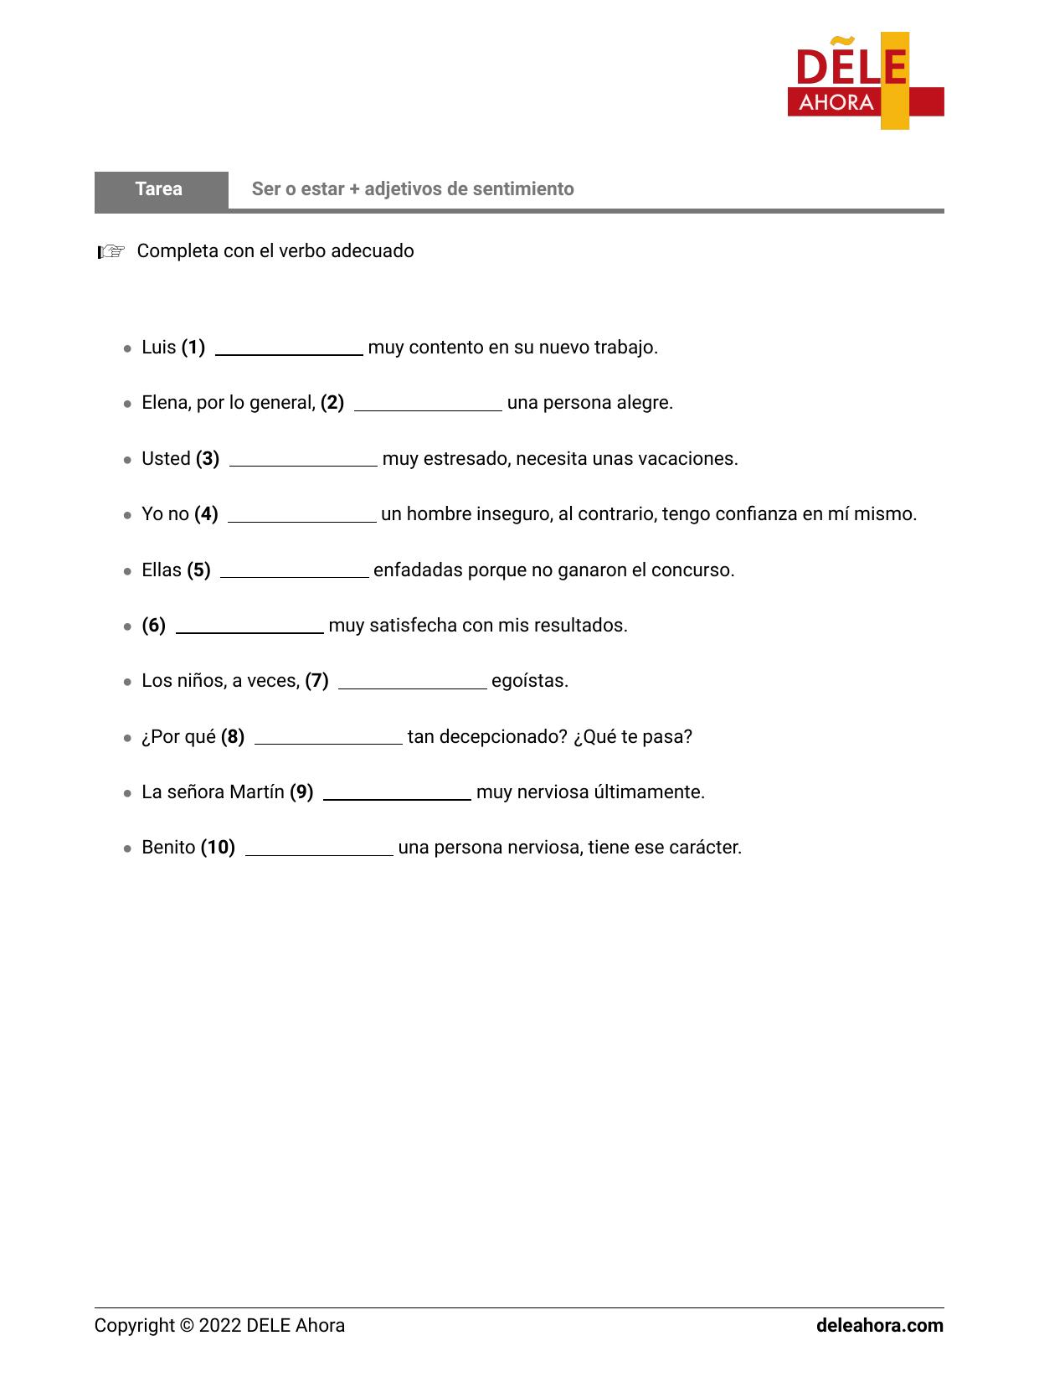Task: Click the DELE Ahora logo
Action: (x=865, y=81)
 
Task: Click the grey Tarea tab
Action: (x=160, y=189)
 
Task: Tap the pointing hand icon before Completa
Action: (x=111, y=251)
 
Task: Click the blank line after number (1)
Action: (x=289, y=349)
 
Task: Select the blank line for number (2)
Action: (x=428, y=405)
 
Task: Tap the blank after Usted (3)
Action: (x=303, y=461)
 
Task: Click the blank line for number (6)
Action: (x=249, y=627)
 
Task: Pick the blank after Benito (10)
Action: (x=319, y=849)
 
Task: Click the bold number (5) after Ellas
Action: (x=198, y=570)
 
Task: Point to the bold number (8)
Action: (x=233, y=737)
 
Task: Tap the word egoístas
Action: (x=530, y=681)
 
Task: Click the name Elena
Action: (x=166, y=403)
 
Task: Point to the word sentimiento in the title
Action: (x=523, y=189)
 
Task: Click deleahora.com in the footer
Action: (x=879, y=1326)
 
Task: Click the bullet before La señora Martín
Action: (x=127, y=793)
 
